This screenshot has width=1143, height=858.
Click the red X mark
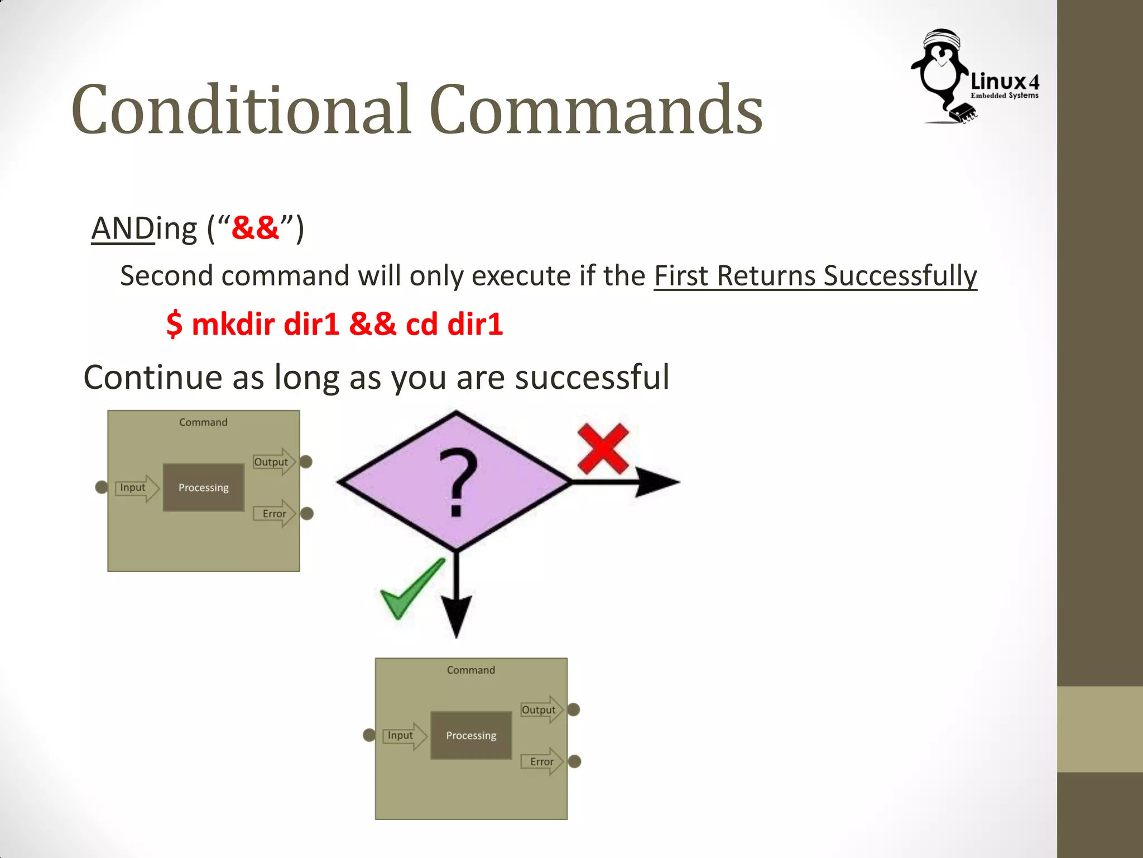(x=603, y=448)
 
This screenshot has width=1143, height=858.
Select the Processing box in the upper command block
(x=203, y=487)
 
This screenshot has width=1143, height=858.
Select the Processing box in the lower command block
(x=471, y=735)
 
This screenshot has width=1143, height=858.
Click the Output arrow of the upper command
(x=273, y=462)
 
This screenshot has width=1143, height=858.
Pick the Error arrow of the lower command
(x=542, y=761)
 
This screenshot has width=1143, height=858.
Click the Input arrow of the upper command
(x=136, y=488)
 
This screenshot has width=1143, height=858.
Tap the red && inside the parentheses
(x=255, y=228)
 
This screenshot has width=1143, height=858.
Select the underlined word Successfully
(x=900, y=276)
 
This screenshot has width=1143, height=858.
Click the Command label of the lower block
(x=470, y=670)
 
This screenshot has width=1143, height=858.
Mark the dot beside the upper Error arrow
(x=307, y=513)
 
